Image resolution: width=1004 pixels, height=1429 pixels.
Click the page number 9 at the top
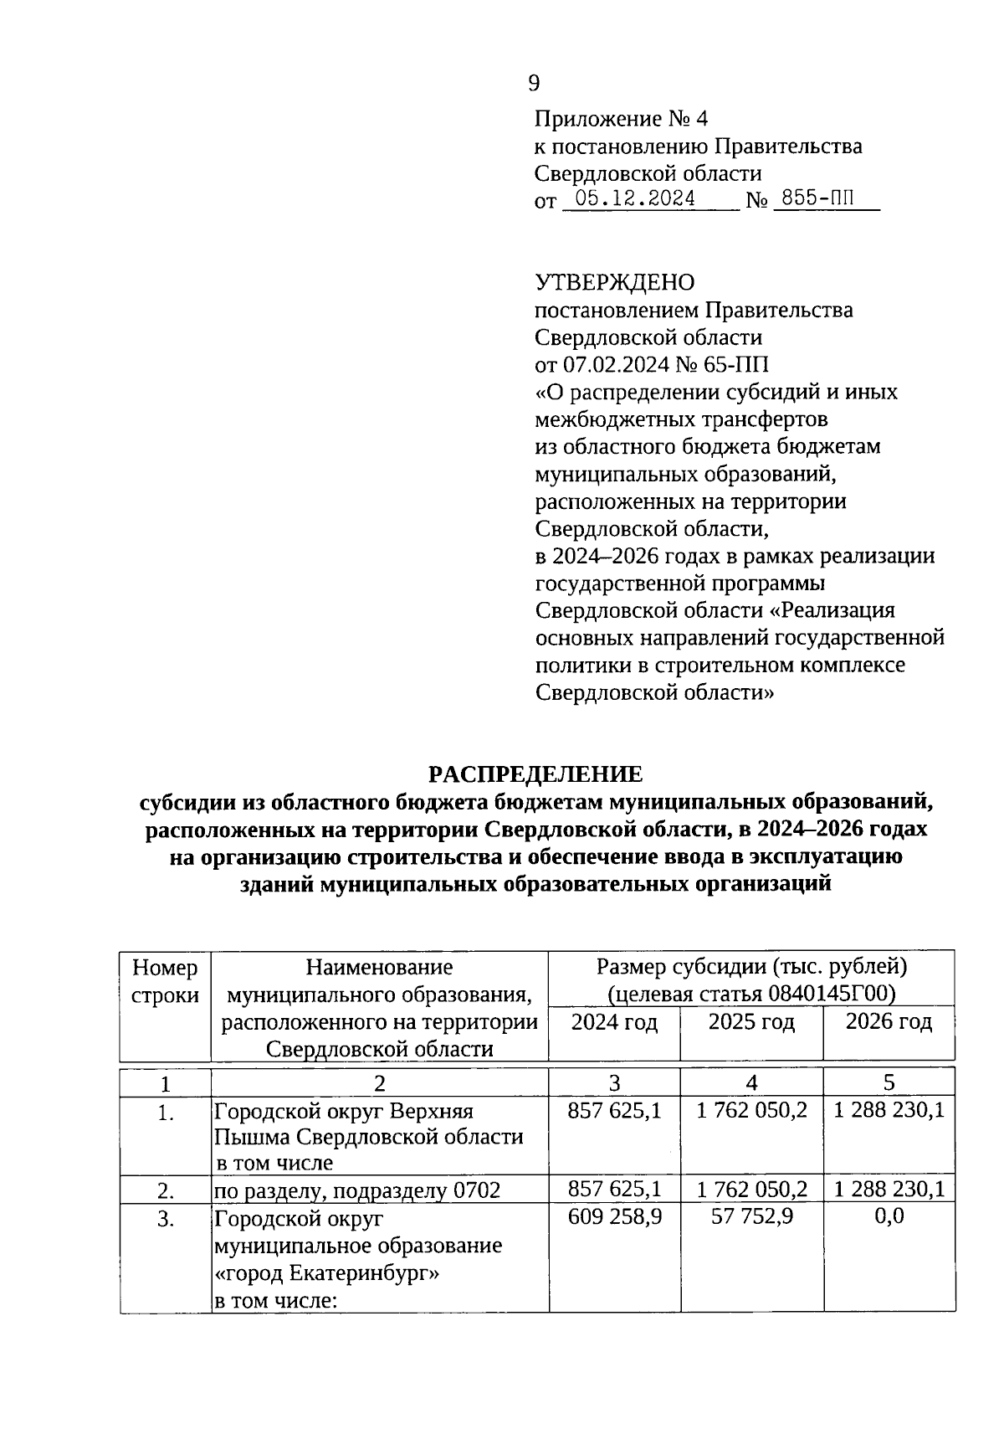[535, 83]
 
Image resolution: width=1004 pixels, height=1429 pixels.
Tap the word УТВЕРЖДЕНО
[614, 282]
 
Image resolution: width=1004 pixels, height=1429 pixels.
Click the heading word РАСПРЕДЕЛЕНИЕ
[535, 773]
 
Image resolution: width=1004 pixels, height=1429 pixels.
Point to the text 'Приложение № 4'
[621, 119]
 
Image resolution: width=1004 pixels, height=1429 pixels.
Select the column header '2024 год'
[614, 1022]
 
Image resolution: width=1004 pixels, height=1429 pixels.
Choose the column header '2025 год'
[751, 1022]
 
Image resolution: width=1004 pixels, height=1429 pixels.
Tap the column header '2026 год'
[889, 1022]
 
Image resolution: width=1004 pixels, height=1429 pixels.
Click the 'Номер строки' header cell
[166, 981]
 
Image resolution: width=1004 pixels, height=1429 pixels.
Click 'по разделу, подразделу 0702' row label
[357, 1190]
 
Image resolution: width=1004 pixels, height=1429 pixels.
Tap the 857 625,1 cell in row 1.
[614, 1111]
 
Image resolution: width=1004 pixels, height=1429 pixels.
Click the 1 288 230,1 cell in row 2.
[889, 1189]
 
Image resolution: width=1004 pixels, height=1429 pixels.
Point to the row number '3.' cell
[166, 1219]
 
